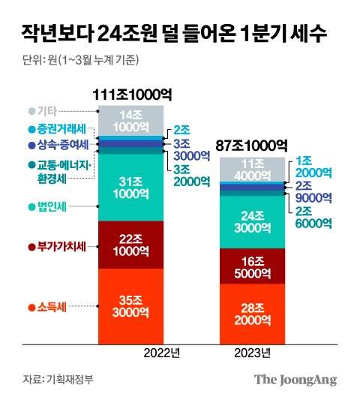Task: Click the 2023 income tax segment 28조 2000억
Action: click(252, 311)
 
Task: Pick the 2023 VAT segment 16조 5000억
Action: click(252, 266)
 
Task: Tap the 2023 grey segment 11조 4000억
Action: click(252, 170)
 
